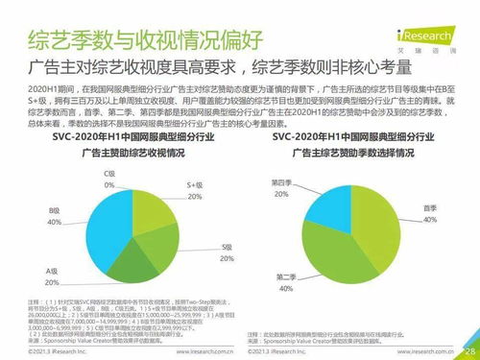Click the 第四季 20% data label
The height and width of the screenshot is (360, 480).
click(x=280, y=187)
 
